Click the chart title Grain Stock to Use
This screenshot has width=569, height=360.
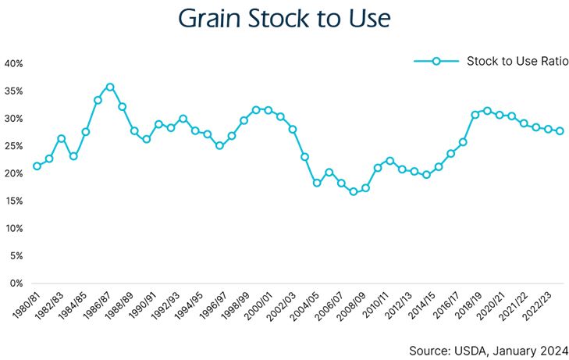[284, 18]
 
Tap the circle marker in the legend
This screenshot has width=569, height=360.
[436, 60]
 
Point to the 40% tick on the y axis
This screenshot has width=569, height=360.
[13, 63]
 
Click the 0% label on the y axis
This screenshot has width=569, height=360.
[16, 283]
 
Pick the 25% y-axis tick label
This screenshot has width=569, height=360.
[13, 146]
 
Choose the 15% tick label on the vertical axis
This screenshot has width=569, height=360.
[13, 201]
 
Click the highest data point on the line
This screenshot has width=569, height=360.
[110, 87]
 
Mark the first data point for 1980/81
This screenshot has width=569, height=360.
[37, 166]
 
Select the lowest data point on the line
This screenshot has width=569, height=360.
[354, 191]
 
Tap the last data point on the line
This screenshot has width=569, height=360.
[560, 131]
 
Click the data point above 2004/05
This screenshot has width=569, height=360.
[317, 183]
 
